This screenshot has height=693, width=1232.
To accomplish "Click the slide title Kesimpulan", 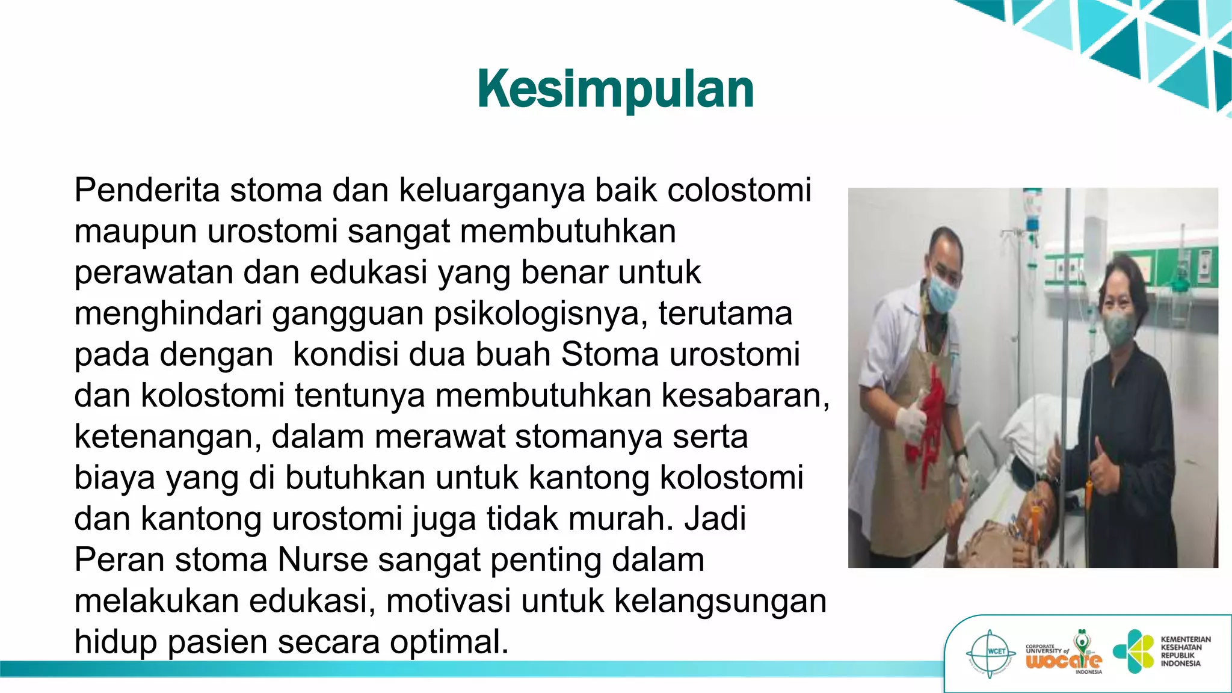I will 615,89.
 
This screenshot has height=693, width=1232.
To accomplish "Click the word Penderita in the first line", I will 147,190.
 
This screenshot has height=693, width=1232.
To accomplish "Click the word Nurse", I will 322,559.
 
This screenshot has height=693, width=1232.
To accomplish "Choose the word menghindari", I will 168,314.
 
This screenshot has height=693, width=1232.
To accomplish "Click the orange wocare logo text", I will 1063,661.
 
